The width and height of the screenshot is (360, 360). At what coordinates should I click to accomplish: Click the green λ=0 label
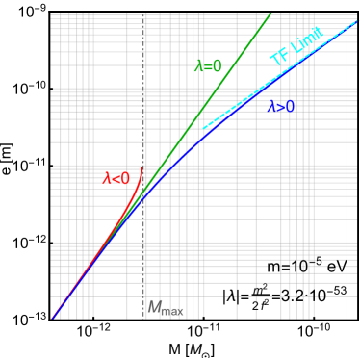pyautogui.click(x=209, y=66)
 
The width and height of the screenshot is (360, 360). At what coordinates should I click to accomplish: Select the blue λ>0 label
pyautogui.click(x=281, y=107)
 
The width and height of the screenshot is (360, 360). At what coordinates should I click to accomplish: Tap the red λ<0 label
pyautogui.click(x=116, y=178)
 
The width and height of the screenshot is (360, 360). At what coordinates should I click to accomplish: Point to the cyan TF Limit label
pyautogui.click(x=296, y=47)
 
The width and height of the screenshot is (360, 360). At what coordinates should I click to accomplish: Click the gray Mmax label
pyautogui.click(x=165, y=308)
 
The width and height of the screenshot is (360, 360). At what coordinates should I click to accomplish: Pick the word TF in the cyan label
pyautogui.click(x=280, y=57)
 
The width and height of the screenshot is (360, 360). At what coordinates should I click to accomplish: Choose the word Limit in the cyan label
pyautogui.click(x=306, y=40)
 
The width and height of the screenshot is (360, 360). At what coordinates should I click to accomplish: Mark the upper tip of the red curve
pyautogui.click(x=142, y=167)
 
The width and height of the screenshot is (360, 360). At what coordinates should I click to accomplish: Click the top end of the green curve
pyautogui.click(x=271, y=12)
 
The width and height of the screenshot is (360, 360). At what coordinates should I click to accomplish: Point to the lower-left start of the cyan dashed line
pyautogui.click(x=204, y=128)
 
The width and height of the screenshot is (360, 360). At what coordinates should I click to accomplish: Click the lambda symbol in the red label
pyautogui.click(x=108, y=178)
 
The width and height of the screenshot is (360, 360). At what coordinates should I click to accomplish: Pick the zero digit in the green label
pyautogui.click(x=218, y=66)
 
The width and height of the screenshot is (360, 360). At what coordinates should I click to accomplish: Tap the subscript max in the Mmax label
pyautogui.click(x=172, y=311)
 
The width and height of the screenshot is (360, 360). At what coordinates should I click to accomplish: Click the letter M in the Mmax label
pyautogui.click(x=153, y=307)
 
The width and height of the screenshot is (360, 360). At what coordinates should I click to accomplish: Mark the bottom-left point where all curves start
pyautogui.click(x=52, y=318)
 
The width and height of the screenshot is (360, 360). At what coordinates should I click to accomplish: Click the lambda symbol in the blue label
pyautogui.click(x=272, y=107)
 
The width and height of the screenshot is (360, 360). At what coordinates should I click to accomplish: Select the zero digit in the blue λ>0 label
pyautogui.click(x=290, y=107)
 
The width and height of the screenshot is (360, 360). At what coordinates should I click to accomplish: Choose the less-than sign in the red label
pyautogui.click(x=116, y=178)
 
